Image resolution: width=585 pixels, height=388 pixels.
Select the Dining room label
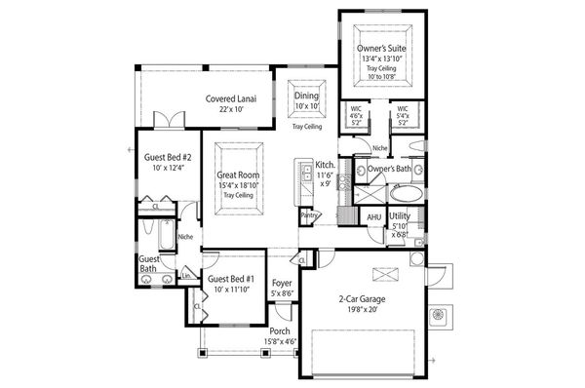point(306,96)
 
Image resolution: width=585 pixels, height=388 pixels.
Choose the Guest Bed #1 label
point(229,278)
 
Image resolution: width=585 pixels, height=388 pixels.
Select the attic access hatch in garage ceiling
point(384,271)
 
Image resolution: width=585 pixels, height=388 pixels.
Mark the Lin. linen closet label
point(187,276)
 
